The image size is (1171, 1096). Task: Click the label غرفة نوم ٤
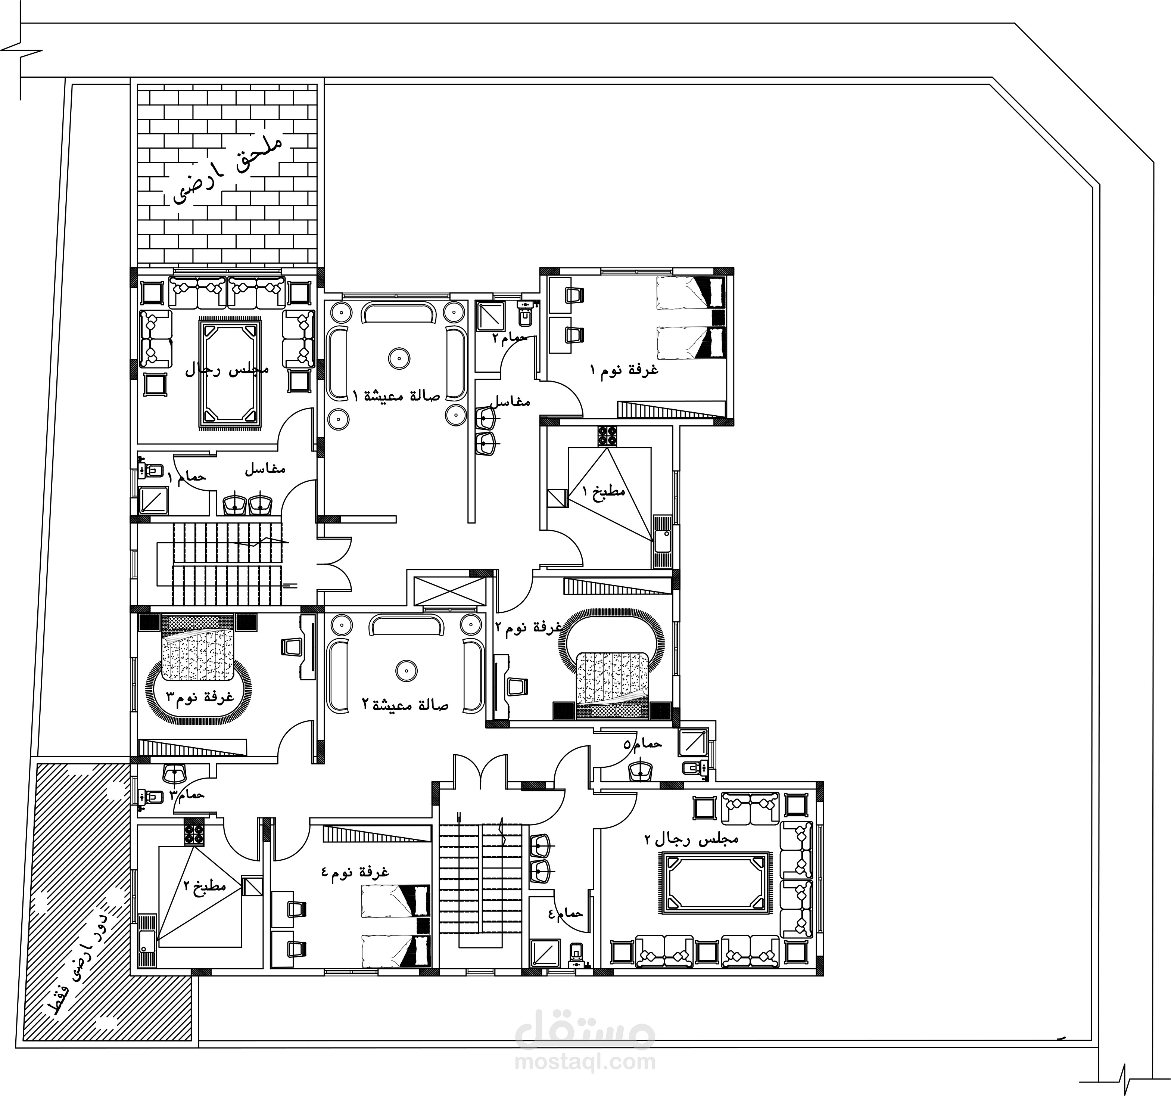[355, 872]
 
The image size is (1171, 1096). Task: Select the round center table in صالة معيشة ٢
[405, 670]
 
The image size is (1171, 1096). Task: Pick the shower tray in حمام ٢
[488, 316]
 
